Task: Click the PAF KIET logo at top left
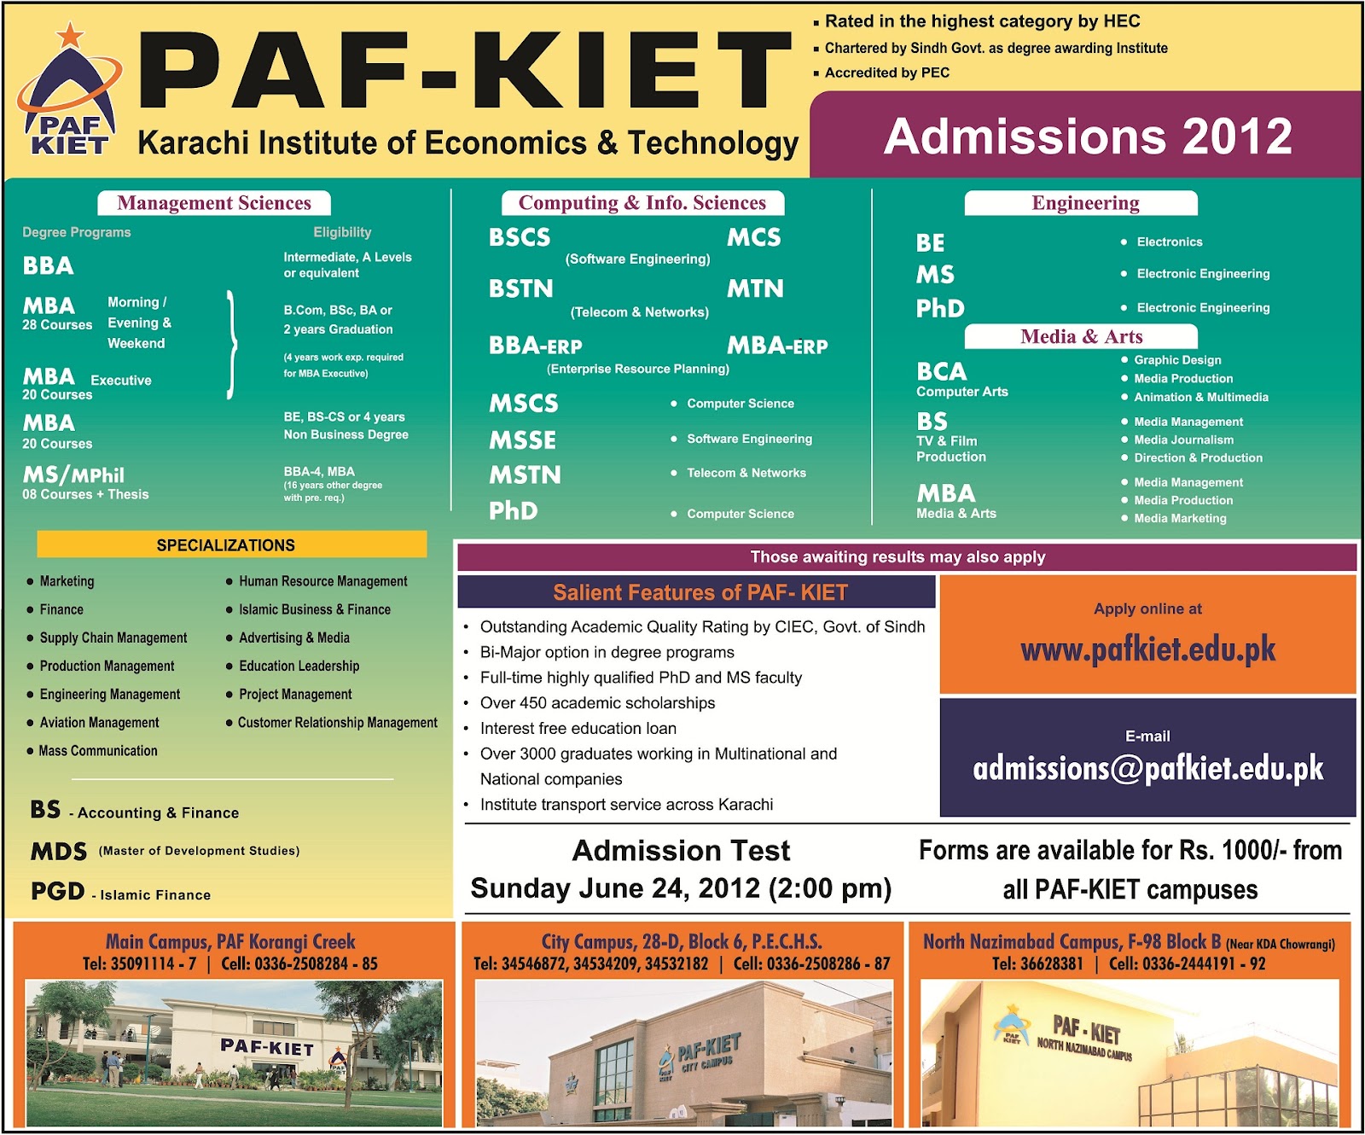[69, 94]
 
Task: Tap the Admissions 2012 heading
[1088, 137]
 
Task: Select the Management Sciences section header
[214, 203]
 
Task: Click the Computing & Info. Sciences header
[642, 203]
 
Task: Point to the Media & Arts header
[1081, 336]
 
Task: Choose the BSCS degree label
[520, 237]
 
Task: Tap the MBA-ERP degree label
[777, 346]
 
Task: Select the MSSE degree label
[522, 440]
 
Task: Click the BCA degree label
[942, 372]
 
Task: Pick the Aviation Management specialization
[99, 723]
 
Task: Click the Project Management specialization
[295, 695]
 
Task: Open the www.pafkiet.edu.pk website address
[1147, 650]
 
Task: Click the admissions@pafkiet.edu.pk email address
[1147, 769]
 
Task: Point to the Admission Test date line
[681, 888]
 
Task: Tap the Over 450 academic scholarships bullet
[597, 703]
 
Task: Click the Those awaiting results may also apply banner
[897, 557]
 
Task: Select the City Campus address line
[682, 942]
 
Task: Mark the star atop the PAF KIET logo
[71, 35]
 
